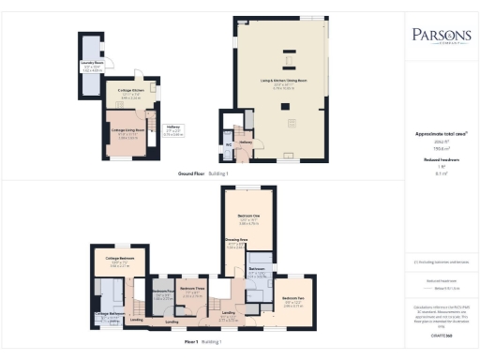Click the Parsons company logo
pos(441,37)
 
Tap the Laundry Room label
pos(91,66)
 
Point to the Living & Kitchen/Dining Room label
pos(282,82)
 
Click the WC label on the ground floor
pos(228,145)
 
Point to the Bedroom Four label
pos(160,292)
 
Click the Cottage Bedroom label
pos(119,258)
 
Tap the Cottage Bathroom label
pos(109,313)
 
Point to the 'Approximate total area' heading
pos(441,133)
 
